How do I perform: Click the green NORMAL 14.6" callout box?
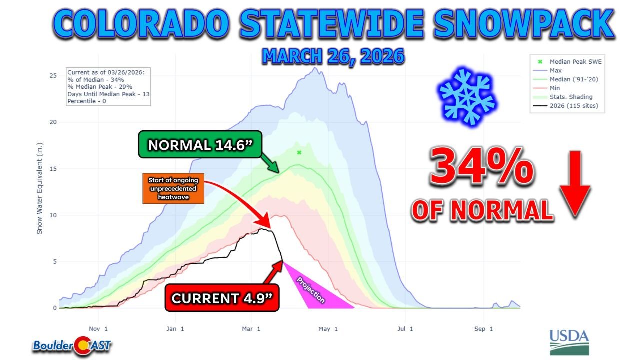pyautogui.click(x=203, y=145)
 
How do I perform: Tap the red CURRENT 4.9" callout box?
pyautogui.click(x=222, y=298)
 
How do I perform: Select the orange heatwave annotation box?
pyautogui.click(x=173, y=189)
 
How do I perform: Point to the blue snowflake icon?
pyautogui.click(x=467, y=96)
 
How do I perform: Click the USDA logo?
pyautogui.click(x=569, y=342)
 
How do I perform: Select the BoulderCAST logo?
pyautogui.click(x=72, y=344)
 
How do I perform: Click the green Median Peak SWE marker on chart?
pyautogui.click(x=299, y=152)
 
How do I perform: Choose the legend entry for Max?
pyautogui.click(x=556, y=70)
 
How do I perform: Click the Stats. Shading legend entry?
pyautogui.click(x=570, y=96)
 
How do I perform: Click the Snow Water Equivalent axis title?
pyautogui.click(x=39, y=195)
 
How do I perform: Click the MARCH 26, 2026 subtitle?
pyautogui.click(x=333, y=56)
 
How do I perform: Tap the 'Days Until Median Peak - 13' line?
pyautogui.click(x=108, y=94)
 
